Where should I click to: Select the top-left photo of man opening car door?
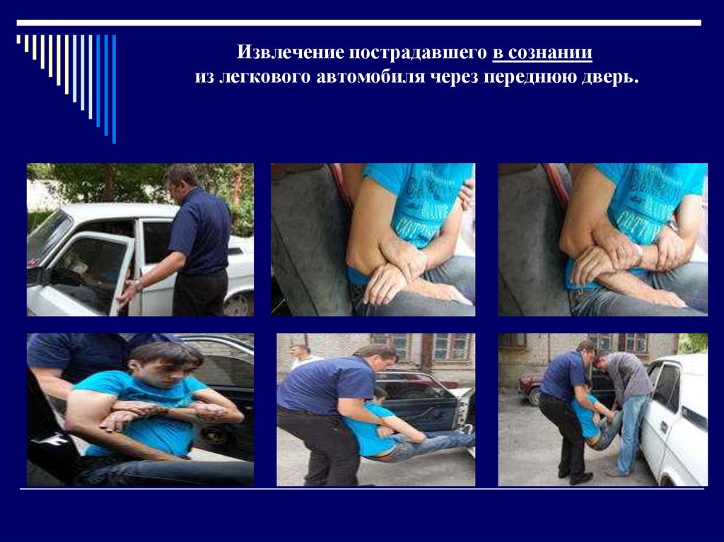pos(141,240)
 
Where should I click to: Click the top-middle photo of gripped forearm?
pos(373,240)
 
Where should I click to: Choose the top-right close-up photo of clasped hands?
pos(602,240)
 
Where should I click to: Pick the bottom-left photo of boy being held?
pos(141,409)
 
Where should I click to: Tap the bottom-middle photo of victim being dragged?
pos(376,409)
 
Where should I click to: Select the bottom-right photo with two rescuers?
pos(602,409)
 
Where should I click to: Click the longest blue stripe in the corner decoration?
pos(114,89)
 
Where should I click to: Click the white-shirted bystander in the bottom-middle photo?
pos(304,356)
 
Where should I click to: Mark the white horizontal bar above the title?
pos(358,23)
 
